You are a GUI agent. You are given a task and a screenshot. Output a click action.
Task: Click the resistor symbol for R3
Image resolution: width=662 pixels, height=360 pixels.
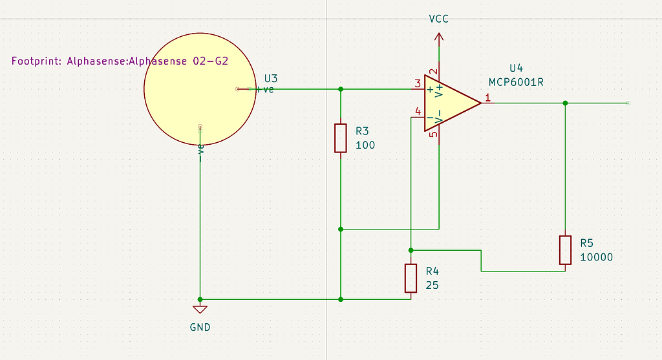tap(341, 138)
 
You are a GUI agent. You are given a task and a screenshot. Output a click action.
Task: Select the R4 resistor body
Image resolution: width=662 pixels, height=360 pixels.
tap(411, 278)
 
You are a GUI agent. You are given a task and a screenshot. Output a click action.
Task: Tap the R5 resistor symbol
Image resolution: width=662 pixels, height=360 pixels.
tap(566, 250)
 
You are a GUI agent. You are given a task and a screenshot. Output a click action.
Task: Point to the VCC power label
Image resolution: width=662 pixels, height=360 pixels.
tap(439, 19)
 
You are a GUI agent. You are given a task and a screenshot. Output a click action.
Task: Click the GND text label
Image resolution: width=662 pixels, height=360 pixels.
tap(200, 327)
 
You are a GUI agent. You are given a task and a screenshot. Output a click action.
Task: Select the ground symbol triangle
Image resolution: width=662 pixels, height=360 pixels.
tap(200, 309)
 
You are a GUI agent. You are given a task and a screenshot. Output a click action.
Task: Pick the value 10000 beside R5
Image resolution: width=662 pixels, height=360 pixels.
tap(596, 257)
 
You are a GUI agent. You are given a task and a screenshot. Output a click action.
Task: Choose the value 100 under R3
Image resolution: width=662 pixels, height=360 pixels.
tap(365, 145)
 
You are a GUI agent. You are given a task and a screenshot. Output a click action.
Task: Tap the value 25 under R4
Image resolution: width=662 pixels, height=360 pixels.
tap(432, 284)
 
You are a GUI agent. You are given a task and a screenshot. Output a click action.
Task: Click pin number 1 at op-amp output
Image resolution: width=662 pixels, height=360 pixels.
tap(488, 98)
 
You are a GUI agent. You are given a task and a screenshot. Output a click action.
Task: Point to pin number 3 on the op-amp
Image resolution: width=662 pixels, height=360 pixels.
tap(418, 83)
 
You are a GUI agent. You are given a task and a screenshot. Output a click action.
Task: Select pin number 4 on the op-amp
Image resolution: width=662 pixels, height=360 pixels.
tap(418, 112)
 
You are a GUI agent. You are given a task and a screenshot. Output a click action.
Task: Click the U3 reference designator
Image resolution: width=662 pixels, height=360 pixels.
tap(271, 78)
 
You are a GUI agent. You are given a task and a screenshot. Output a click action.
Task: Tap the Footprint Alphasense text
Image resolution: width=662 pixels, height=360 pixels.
tap(120, 61)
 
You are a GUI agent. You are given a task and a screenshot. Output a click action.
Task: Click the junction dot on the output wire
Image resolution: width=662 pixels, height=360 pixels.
tap(566, 103)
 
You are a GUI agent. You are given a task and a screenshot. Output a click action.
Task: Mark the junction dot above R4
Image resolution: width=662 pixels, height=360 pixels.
tap(411, 250)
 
